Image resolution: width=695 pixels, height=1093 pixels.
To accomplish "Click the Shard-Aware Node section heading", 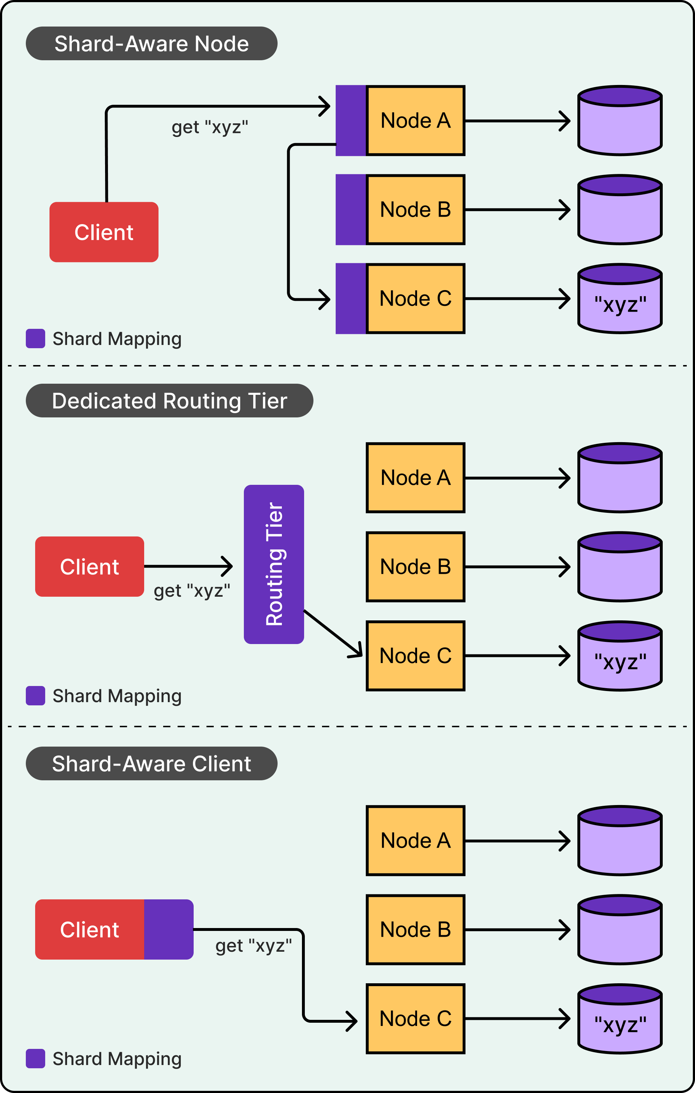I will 151,44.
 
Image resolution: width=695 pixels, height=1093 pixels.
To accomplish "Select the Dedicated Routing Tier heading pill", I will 169,401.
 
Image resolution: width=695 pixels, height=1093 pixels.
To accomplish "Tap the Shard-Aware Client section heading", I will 151,763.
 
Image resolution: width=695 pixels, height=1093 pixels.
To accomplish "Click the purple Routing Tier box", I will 274,564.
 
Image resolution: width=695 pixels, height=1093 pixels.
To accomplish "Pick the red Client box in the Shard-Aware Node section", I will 104,232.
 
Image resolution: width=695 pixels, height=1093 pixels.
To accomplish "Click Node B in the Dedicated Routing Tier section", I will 415,567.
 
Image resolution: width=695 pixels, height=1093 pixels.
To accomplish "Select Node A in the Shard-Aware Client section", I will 415,841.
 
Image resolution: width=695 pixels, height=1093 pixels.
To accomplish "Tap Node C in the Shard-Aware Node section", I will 415,299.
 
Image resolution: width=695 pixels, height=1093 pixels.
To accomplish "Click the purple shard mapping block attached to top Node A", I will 350,120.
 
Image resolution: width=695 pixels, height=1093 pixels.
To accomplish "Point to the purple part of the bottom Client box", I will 169,929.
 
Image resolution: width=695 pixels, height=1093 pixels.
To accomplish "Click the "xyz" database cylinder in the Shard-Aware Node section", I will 620,299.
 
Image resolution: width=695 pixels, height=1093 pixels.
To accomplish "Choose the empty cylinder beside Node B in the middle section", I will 620,567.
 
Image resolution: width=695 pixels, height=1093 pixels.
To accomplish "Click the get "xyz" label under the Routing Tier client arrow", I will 192,591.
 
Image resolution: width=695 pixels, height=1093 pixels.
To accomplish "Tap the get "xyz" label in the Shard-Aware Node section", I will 210,127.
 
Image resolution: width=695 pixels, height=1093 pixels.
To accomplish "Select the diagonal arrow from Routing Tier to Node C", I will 333,633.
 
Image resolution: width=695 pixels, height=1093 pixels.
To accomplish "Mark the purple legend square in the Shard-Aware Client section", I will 36,1059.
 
